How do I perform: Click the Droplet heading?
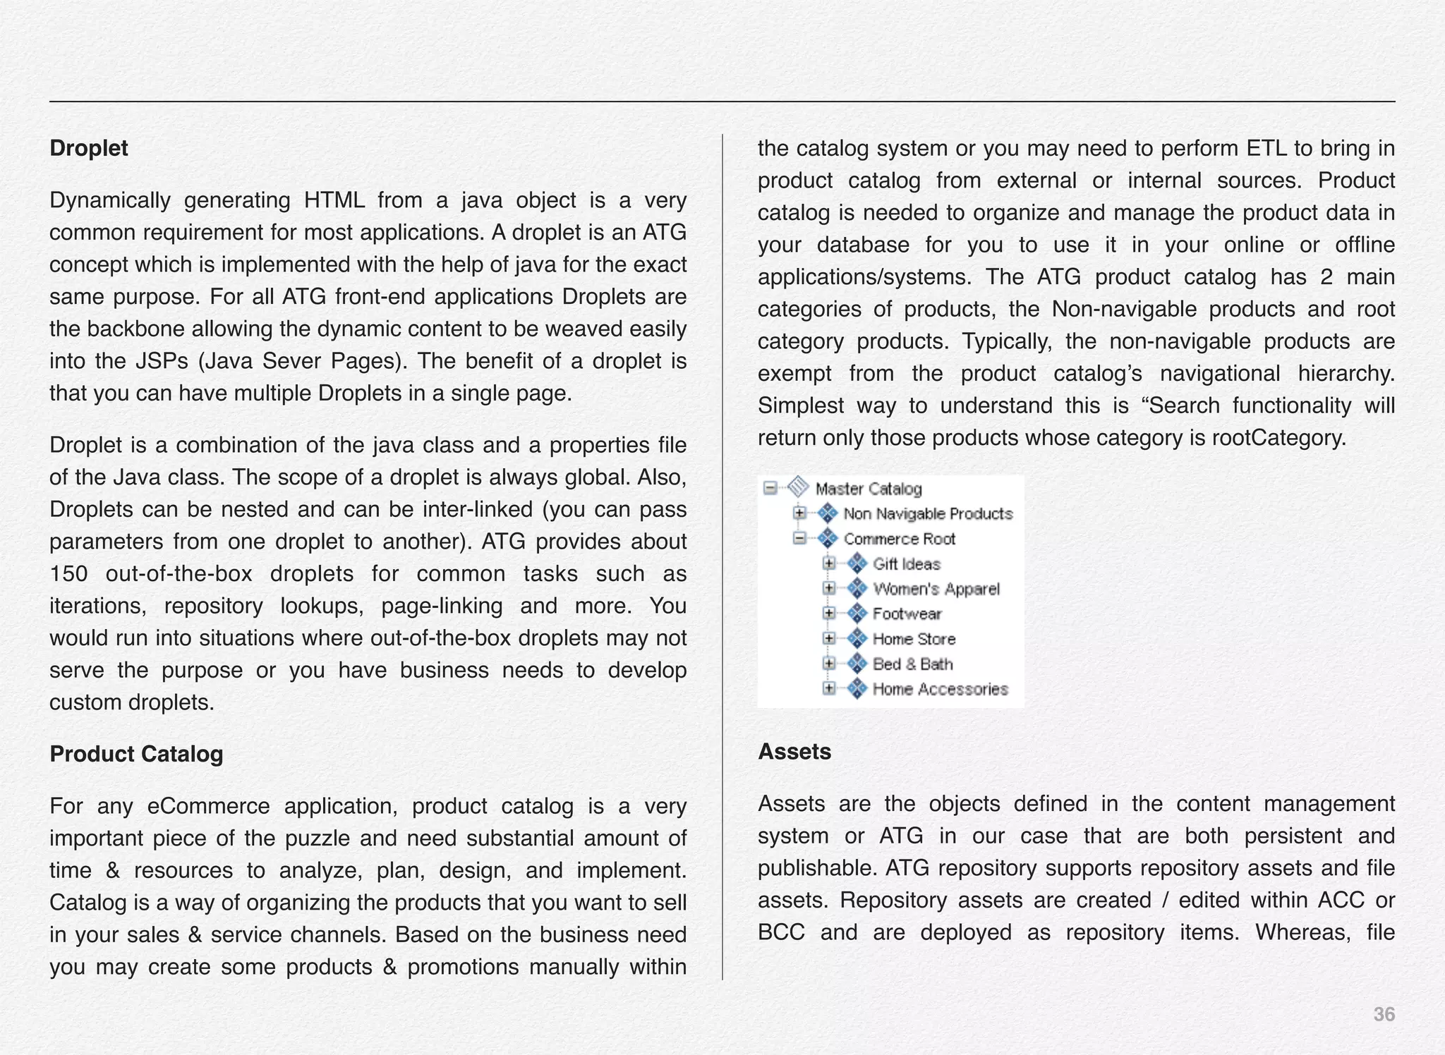pyautogui.click(x=89, y=149)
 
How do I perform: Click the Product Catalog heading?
pyautogui.click(x=136, y=754)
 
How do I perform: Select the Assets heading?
pyautogui.click(x=794, y=752)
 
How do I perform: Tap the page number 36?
pyautogui.click(x=1384, y=1014)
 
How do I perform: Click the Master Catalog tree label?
pyautogui.click(x=869, y=489)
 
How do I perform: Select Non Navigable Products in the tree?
pyautogui.click(x=928, y=514)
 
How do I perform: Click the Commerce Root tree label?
pyautogui.click(x=899, y=539)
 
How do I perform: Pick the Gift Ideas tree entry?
pyautogui.click(x=907, y=564)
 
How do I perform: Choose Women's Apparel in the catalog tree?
pyautogui.click(x=936, y=590)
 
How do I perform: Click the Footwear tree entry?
pyautogui.click(x=907, y=614)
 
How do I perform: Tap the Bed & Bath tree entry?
pyautogui.click(x=912, y=664)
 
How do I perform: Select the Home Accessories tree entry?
pyautogui.click(x=940, y=689)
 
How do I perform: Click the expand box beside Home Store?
pyautogui.click(x=830, y=639)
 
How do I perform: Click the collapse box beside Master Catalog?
pyautogui.click(x=771, y=488)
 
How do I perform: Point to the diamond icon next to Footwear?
pyautogui.click(x=857, y=614)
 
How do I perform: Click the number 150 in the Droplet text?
pyautogui.click(x=68, y=574)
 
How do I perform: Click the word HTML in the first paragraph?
pyautogui.click(x=334, y=201)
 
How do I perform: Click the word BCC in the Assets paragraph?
pyautogui.click(x=781, y=933)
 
